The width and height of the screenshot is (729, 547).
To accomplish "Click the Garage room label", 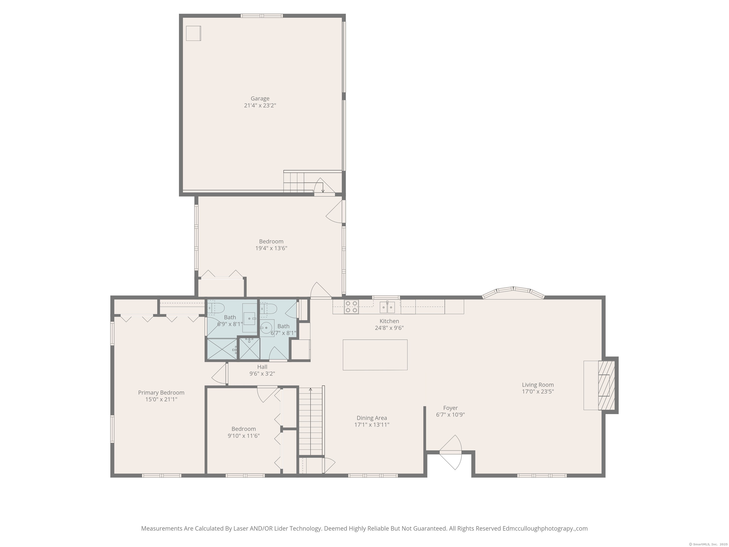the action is [x=260, y=99].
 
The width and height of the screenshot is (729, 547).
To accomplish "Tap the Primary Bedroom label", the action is [x=161, y=392].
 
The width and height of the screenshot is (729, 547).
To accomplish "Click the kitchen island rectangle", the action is [x=375, y=355].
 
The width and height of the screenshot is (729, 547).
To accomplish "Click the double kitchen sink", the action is [x=387, y=307].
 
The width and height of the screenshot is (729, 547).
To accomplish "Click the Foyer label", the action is [x=450, y=408].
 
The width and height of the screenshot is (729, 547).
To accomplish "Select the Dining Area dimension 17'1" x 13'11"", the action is [x=372, y=425].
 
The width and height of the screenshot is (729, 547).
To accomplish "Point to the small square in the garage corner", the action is [x=193, y=33].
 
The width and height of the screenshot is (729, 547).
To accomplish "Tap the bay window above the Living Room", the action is [x=513, y=292].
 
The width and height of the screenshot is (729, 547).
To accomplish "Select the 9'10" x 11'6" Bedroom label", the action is [x=243, y=429].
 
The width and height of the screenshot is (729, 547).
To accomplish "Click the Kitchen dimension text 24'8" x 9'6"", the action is [x=389, y=328].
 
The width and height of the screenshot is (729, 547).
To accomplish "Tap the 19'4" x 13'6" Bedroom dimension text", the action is [x=271, y=248].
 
